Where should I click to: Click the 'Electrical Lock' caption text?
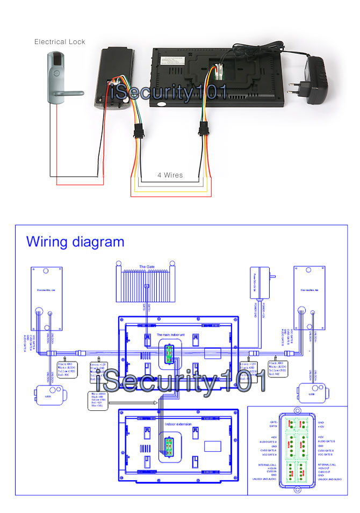pyautogui.click(x=60, y=41)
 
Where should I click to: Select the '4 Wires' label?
pyautogui.click(x=170, y=175)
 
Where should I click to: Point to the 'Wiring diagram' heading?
pyautogui.click(x=75, y=242)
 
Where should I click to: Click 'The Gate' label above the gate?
pyautogui.click(x=147, y=266)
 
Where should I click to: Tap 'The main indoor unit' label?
pyautogui.click(x=170, y=334)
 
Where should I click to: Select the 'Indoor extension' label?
pyautogui.click(x=178, y=424)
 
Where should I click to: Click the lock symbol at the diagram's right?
pyautogui.click(x=311, y=393)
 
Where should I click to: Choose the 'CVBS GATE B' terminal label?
pyautogui.click(x=327, y=451)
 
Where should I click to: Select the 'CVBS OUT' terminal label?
pyautogui.click(x=325, y=471)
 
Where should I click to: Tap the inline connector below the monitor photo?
pyautogui.click(x=204, y=130)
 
